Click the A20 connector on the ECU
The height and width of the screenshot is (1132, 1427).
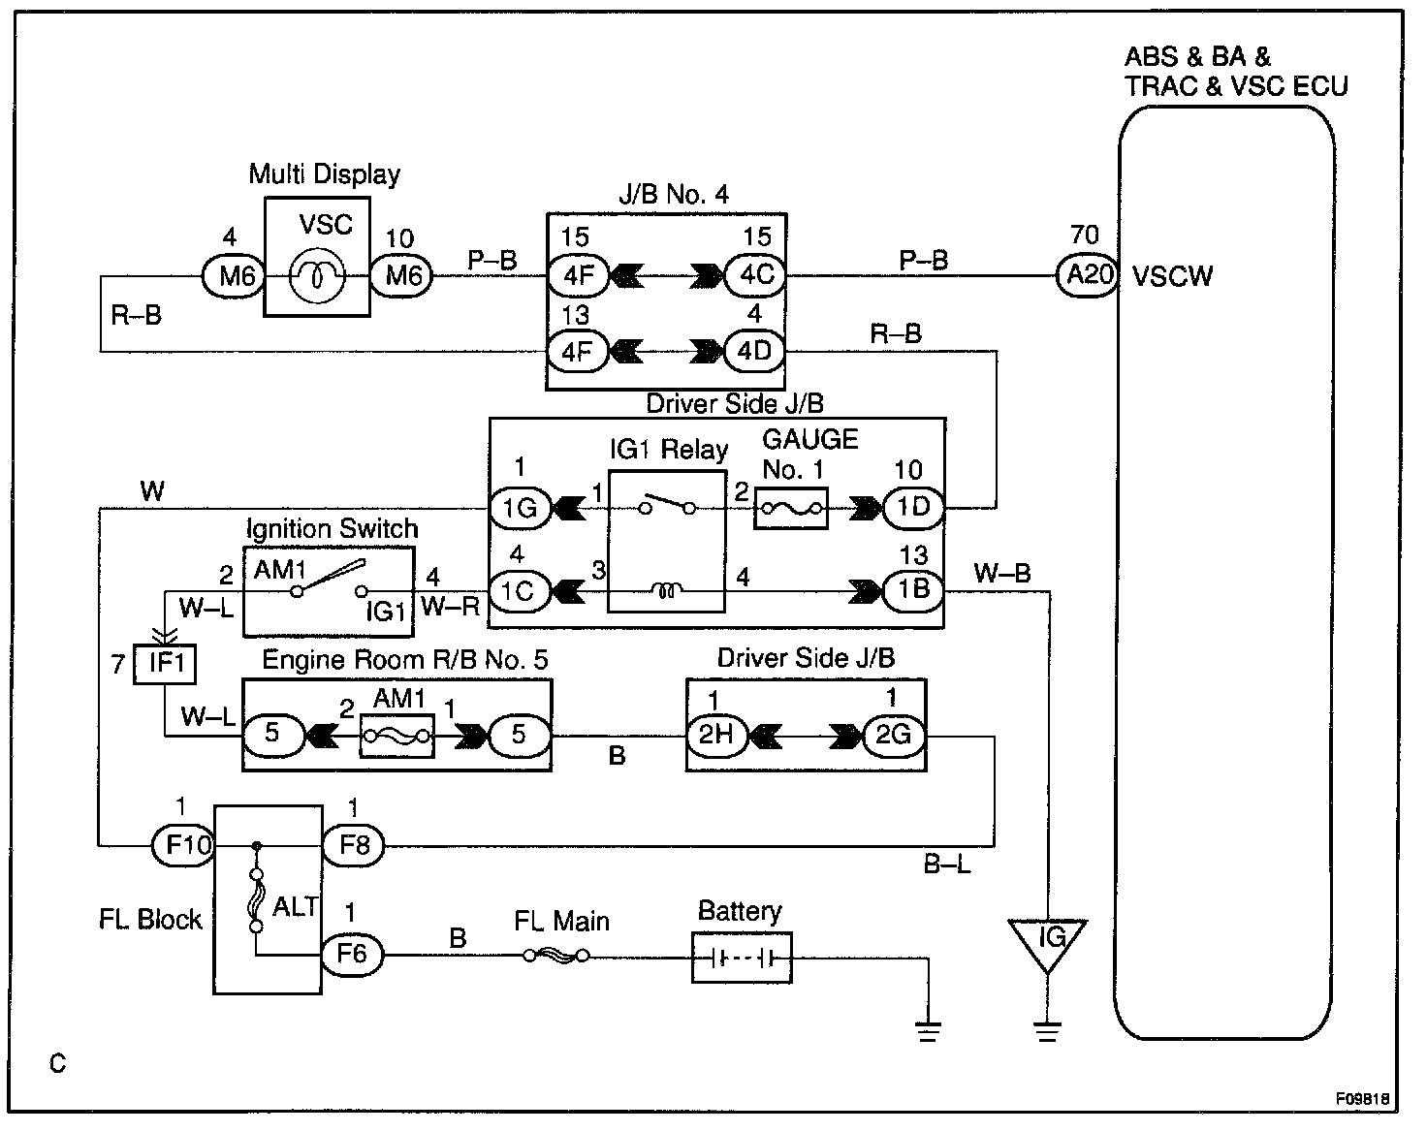[x=1088, y=274]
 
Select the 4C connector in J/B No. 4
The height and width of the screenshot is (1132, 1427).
[x=755, y=275]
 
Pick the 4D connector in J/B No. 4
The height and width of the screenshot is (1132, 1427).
[x=754, y=352]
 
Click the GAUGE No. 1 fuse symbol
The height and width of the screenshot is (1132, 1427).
[x=791, y=509]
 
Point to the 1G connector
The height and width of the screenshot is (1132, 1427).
[x=520, y=509]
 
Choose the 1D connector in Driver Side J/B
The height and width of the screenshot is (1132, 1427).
[x=914, y=508]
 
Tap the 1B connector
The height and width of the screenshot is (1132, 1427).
[x=914, y=589]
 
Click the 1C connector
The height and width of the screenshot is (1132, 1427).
[x=520, y=591]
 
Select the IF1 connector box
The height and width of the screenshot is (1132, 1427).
[x=165, y=663]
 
